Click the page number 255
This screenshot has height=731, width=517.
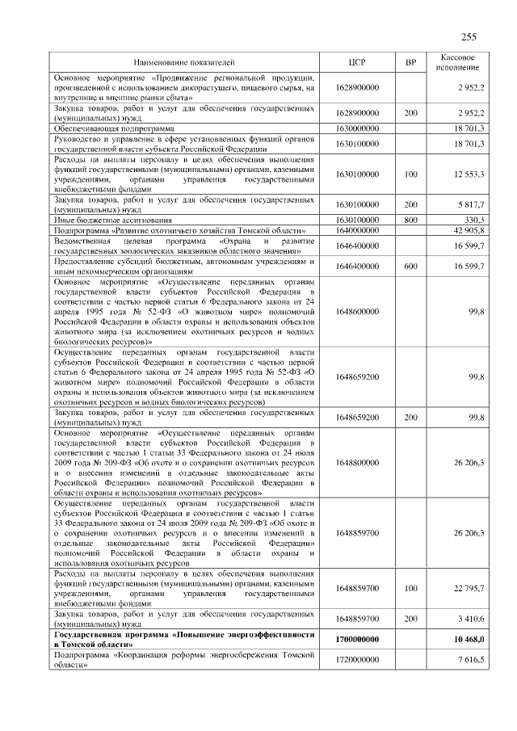(x=468, y=37)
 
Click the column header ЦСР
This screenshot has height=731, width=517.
(x=356, y=61)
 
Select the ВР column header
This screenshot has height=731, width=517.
(x=410, y=61)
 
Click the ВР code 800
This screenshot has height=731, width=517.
(x=410, y=220)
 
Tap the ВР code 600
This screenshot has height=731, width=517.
(x=410, y=267)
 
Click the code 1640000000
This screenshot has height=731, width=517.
(x=356, y=230)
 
